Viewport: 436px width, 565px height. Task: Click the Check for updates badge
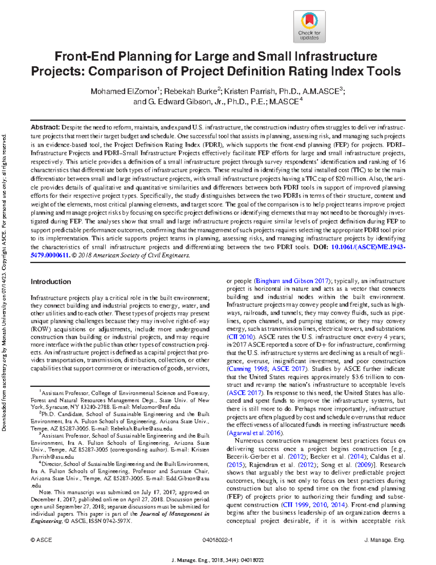click(x=309, y=27)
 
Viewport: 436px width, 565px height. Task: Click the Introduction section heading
click(x=51, y=282)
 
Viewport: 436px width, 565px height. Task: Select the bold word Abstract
click(x=45, y=127)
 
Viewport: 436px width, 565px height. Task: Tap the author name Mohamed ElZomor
click(x=124, y=91)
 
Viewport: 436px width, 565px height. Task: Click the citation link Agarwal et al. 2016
click(x=254, y=433)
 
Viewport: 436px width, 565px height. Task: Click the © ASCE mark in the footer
click(x=41, y=540)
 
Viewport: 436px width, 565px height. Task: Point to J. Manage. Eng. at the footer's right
click(x=384, y=540)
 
